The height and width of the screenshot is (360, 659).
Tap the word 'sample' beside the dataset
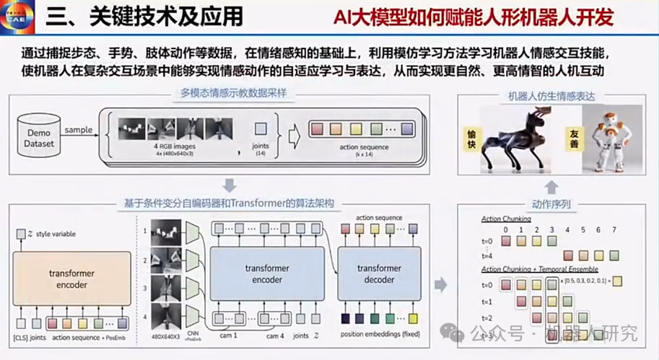(79, 131)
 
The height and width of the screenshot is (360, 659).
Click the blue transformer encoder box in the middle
(266, 273)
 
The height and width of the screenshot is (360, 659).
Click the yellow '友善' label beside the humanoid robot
(575, 135)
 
